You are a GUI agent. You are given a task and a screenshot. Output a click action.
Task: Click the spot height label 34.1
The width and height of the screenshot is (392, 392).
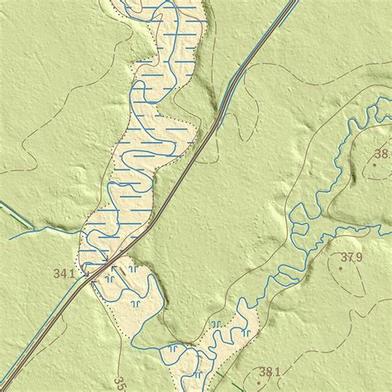pyautogui.click(x=64, y=273)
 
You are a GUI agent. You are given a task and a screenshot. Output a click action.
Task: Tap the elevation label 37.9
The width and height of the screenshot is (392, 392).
pyautogui.click(x=351, y=257)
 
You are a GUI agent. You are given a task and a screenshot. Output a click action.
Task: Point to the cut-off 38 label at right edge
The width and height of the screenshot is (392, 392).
pyautogui.click(x=381, y=153)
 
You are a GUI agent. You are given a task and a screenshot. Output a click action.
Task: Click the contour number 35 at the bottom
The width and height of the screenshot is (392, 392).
pyautogui.click(x=119, y=384)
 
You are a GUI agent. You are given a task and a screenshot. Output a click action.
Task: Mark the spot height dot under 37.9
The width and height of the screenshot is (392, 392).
pyautogui.click(x=342, y=268)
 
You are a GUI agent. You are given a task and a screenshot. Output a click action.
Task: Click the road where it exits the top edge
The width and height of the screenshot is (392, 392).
pyautogui.click(x=293, y=2)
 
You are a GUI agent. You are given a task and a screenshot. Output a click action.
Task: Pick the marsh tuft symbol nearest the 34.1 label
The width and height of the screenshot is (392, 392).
pyautogui.click(x=110, y=280)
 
